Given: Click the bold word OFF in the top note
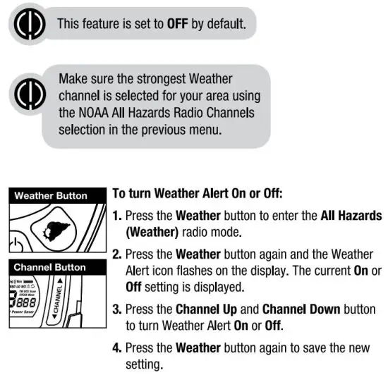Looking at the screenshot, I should (176, 23).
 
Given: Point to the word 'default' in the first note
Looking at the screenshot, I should (224, 23).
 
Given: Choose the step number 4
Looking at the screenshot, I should (118, 347).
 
